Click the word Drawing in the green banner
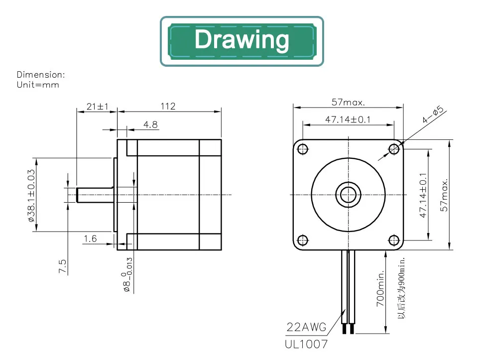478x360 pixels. (242, 40)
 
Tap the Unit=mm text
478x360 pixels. (38, 85)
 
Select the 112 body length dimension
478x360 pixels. (168, 106)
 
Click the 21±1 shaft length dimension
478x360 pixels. (98, 107)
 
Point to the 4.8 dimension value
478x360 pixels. (150, 124)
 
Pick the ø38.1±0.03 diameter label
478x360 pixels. (31, 196)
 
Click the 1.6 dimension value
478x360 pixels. (90, 239)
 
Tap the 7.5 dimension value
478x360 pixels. (62, 266)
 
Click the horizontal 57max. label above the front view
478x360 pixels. (348, 102)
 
